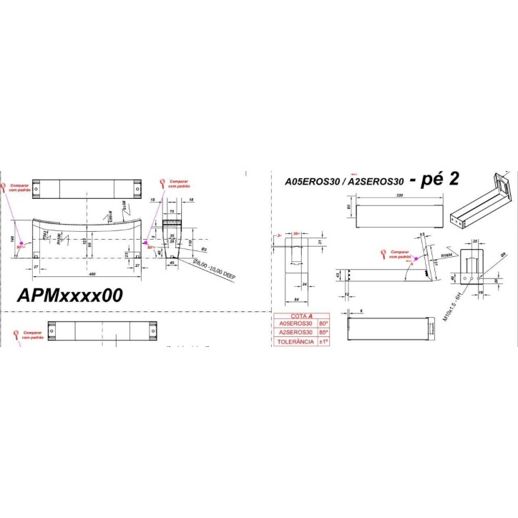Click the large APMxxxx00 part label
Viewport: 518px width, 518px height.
(70, 294)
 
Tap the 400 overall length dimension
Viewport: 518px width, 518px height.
(91, 275)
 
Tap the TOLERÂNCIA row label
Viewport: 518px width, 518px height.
(295, 342)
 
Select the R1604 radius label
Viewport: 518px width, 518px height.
(449, 253)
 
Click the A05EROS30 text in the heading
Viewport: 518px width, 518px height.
(313, 182)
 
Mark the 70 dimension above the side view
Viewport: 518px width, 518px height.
(172, 212)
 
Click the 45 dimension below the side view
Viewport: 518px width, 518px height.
(172, 262)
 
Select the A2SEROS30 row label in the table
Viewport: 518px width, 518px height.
(295, 333)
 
